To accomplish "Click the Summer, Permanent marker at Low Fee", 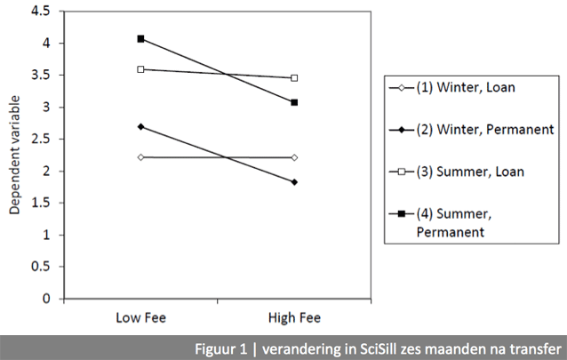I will (140, 39).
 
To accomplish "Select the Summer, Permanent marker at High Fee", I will (294, 102).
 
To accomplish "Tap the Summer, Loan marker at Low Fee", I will (140, 68).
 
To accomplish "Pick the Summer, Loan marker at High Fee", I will (294, 78).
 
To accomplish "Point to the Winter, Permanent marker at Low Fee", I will (140, 126).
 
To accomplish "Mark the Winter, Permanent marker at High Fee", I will (294, 182).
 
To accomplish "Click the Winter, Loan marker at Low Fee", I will (140, 156).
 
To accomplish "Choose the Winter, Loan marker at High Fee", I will (294, 157).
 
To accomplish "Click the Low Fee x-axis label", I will (141, 317).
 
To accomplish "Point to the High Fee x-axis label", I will (294, 317).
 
